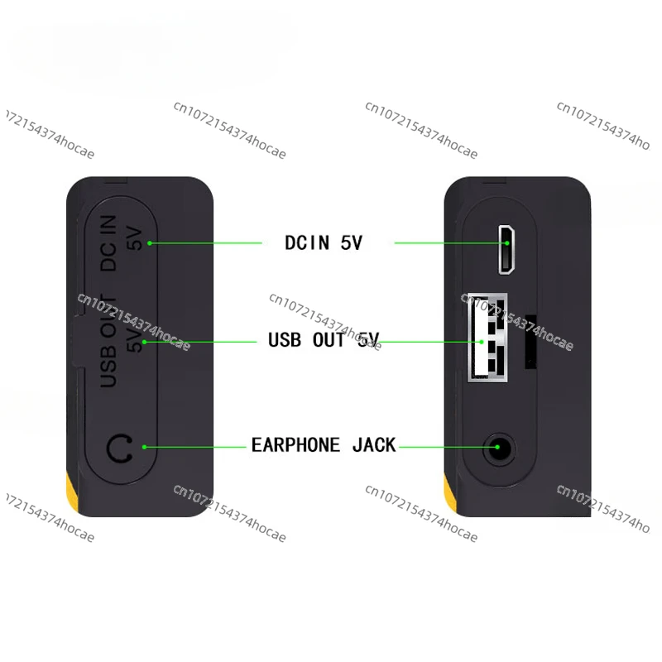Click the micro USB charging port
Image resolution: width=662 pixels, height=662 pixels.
point(506,250)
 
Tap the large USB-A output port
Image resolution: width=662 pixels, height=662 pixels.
point(487,338)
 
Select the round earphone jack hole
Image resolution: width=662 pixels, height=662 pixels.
point(499,448)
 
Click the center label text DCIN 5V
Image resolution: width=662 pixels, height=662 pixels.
point(324,242)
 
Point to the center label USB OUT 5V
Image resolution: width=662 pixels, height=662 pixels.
point(324,340)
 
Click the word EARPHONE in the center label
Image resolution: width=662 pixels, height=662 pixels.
point(295,445)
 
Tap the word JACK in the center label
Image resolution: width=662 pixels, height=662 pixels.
point(374,445)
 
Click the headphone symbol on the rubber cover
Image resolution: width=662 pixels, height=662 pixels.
point(119,448)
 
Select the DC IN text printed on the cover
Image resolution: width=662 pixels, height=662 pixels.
point(108,243)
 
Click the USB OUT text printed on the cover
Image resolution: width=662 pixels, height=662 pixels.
point(108,341)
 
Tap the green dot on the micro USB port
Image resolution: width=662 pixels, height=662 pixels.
point(507,243)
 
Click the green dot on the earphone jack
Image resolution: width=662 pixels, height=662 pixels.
point(497,447)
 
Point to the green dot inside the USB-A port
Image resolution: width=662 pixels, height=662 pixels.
point(482,342)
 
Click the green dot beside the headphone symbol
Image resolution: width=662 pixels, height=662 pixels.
point(144,447)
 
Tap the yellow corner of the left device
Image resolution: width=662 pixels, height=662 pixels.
point(72,492)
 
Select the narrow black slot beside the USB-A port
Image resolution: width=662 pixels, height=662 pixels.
point(530,342)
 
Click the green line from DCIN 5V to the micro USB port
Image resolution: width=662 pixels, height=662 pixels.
point(450,243)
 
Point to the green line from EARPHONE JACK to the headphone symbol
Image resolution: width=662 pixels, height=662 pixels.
point(195,447)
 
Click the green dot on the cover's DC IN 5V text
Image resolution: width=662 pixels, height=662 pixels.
point(150,243)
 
